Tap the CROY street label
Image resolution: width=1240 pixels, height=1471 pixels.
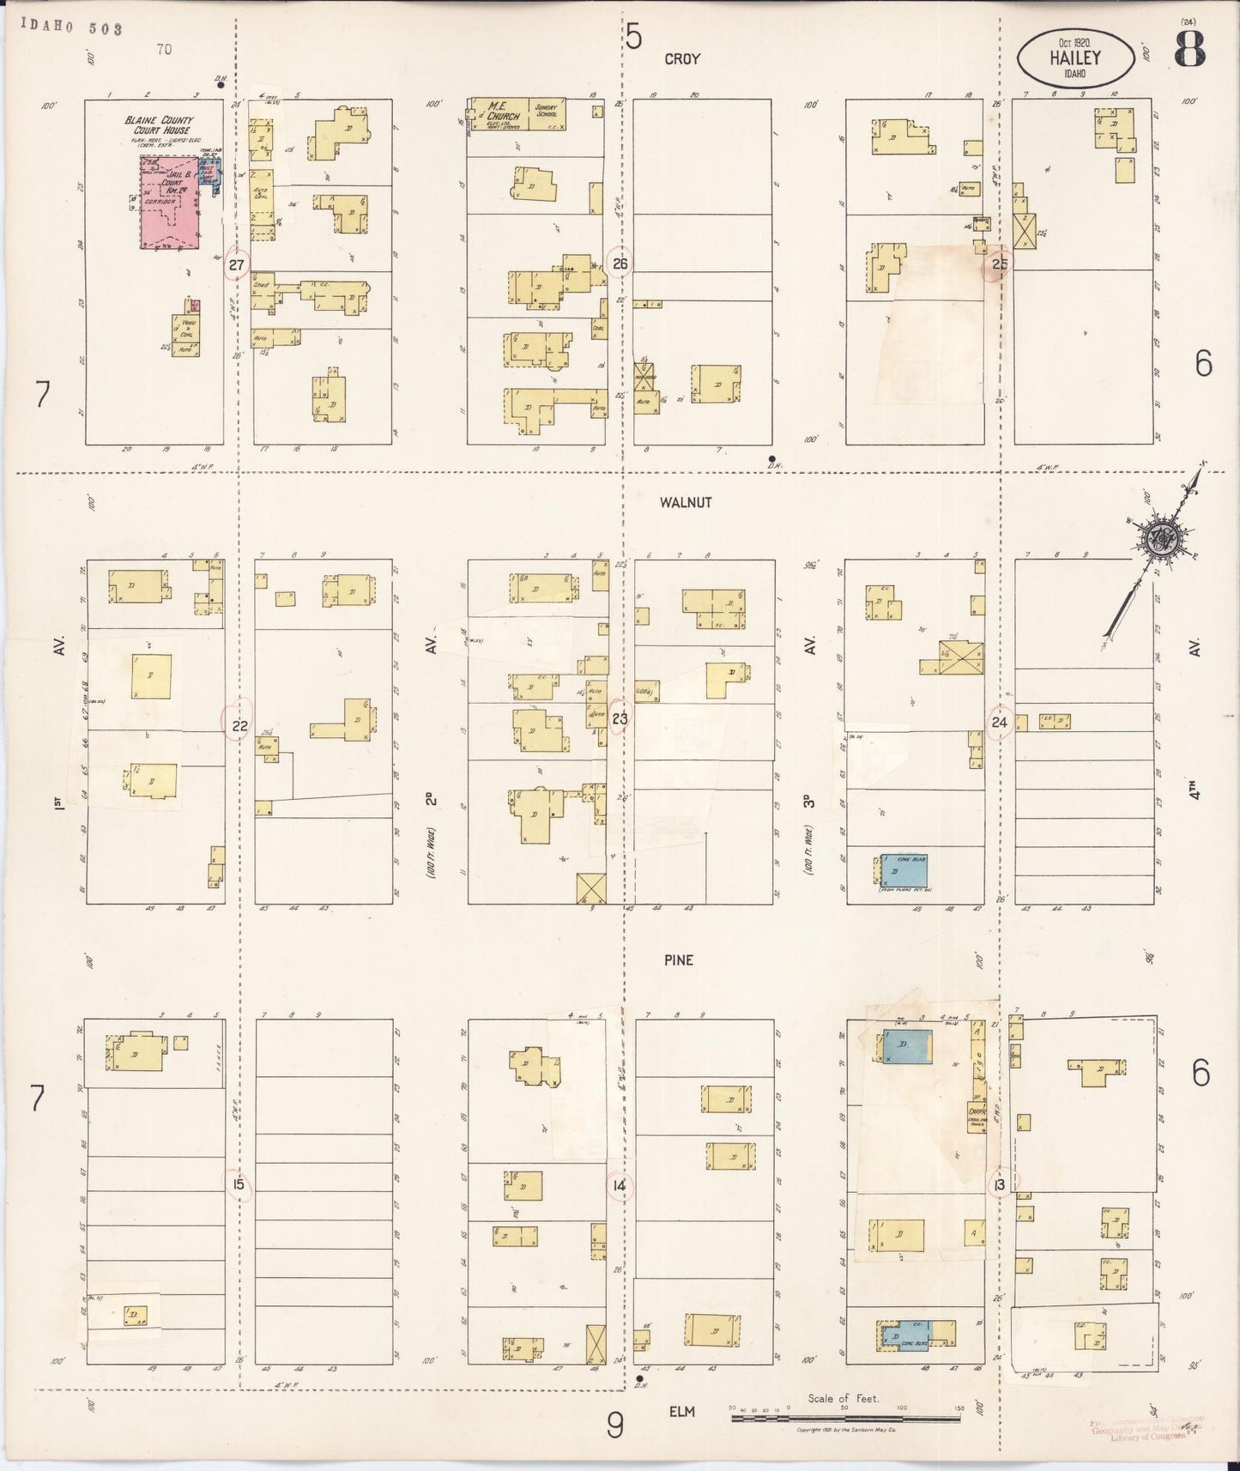point(682,59)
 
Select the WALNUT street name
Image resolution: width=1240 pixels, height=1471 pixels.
point(686,503)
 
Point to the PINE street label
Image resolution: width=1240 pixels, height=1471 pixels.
point(678,960)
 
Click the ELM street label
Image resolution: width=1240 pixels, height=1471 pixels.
point(683,1411)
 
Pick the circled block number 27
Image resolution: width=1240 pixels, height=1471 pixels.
point(237,265)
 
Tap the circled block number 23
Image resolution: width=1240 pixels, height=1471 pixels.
point(620,720)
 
